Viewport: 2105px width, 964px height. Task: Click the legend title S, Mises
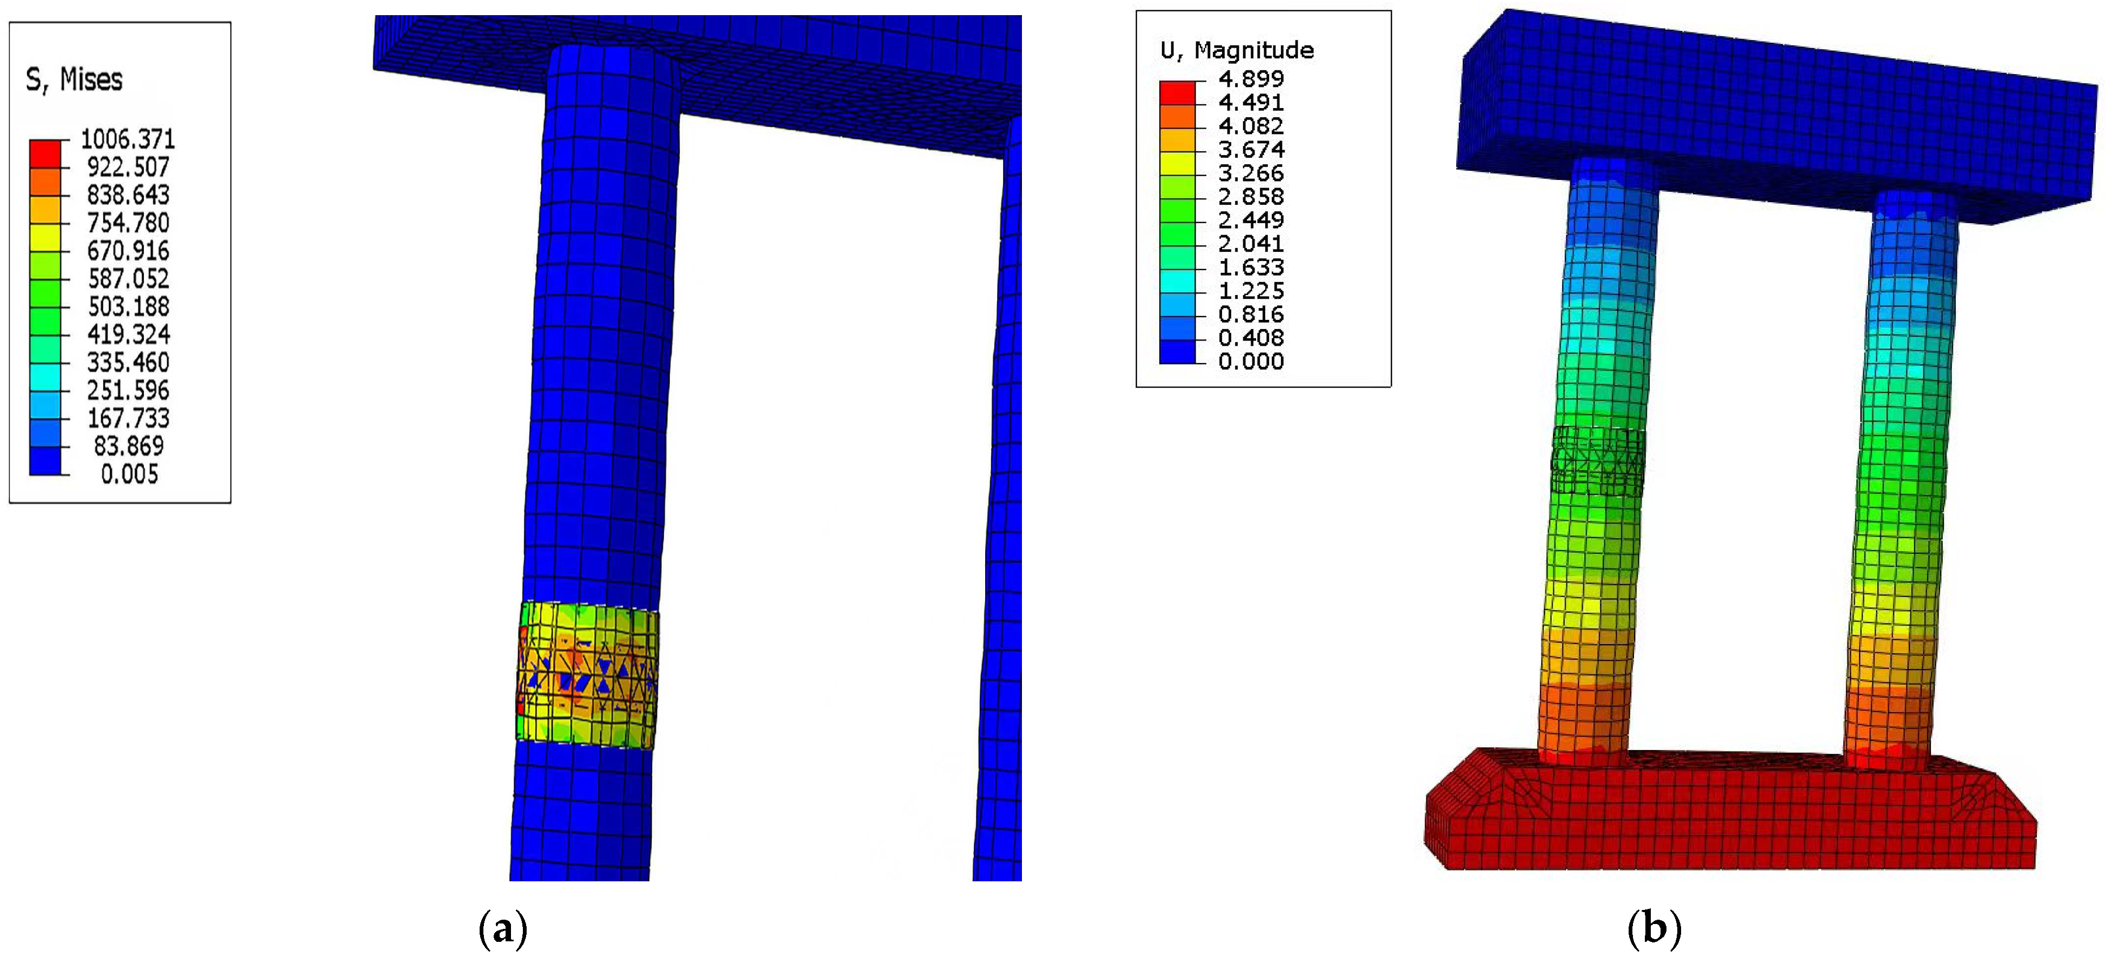coord(75,80)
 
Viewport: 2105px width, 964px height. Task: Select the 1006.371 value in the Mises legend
coord(128,139)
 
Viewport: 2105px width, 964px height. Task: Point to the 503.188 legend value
coord(128,306)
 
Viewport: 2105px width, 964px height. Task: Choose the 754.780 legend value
coord(128,222)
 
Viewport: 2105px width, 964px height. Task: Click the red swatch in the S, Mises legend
coord(45,153)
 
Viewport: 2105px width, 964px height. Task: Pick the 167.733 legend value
coord(128,418)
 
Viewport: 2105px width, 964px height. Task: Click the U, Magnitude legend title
coord(1237,51)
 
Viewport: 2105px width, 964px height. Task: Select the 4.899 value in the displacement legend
coord(1251,78)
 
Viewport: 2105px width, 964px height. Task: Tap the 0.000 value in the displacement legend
coord(1251,361)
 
